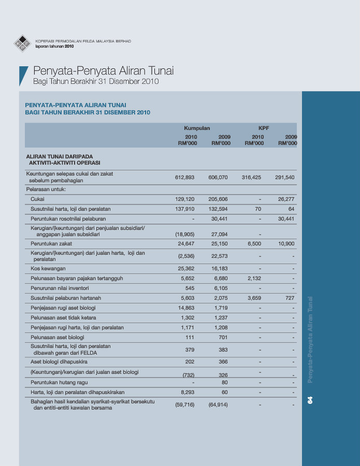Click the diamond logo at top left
click(22, 43)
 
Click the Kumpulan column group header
click(197, 127)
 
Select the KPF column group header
click(264, 127)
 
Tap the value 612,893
click(185, 177)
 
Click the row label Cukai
click(37, 199)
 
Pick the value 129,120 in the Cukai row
click(185, 199)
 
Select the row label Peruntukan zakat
click(51, 243)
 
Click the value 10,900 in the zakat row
click(285, 243)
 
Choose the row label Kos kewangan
click(48, 269)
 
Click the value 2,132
click(253, 279)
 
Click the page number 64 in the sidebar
click(310, 400)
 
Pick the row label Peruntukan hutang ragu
click(57, 383)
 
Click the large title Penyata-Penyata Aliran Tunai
click(103, 71)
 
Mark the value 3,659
click(253, 298)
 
